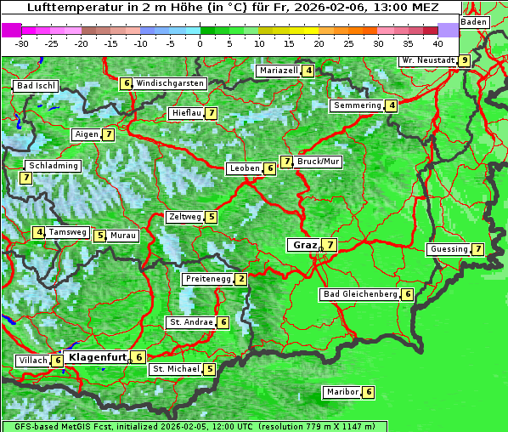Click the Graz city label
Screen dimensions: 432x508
(304, 245)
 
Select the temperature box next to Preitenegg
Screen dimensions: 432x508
(241, 279)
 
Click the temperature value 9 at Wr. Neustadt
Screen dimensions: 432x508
(464, 60)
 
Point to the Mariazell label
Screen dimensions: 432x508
(277, 71)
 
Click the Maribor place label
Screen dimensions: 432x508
(341, 392)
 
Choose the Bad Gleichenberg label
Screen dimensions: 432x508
(360, 294)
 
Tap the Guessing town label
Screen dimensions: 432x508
(449, 249)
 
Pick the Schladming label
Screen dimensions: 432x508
(53, 166)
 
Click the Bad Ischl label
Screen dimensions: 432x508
(36, 86)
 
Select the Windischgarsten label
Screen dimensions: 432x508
(170, 83)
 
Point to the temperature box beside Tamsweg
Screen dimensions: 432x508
(39, 232)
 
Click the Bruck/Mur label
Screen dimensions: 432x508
(319, 162)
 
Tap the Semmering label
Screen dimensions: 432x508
(357, 105)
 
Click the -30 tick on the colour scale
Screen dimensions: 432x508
(22, 43)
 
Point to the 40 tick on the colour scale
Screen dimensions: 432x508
(437, 43)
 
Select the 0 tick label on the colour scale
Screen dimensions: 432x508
(200, 43)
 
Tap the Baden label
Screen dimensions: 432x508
(474, 21)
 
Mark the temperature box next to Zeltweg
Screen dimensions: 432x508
(211, 217)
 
